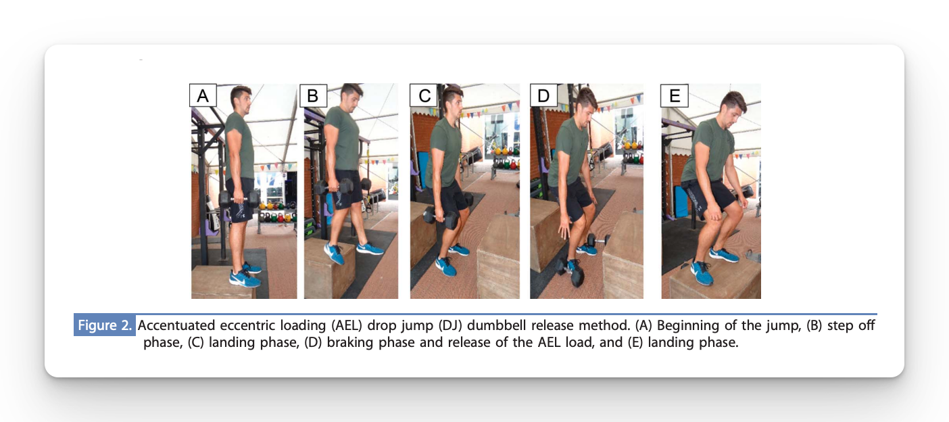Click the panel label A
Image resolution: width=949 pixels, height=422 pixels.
click(203, 95)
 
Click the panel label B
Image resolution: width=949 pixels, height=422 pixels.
click(313, 95)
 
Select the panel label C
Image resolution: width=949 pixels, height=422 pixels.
click(424, 95)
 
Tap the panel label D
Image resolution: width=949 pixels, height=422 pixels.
click(543, 95)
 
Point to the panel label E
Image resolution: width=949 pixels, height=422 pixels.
click(675, 95)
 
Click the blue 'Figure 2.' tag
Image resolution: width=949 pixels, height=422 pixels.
click(105, 325)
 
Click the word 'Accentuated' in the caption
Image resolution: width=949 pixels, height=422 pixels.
click(176, 325)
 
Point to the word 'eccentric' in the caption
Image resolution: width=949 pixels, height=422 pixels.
click(248, 325)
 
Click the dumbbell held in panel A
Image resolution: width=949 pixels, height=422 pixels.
click(239, 199)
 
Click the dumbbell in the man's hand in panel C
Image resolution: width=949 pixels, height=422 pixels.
click(441, 217)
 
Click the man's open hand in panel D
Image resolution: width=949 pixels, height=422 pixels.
click(564, 228)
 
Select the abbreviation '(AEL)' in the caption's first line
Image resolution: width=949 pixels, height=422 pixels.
click(347, 325)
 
